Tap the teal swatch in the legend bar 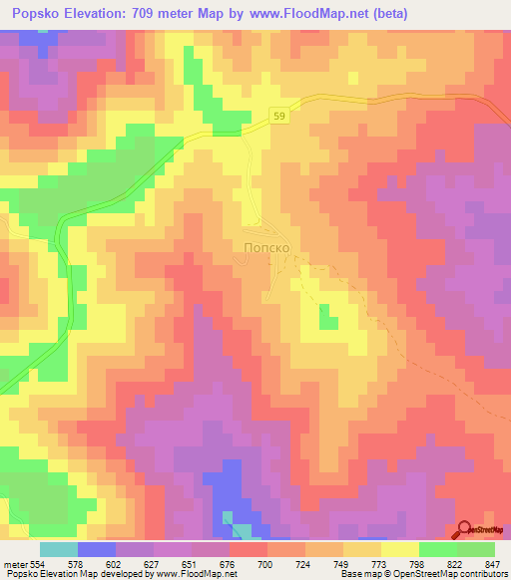59,549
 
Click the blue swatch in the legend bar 97,549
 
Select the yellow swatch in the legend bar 399,549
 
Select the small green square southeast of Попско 326,318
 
